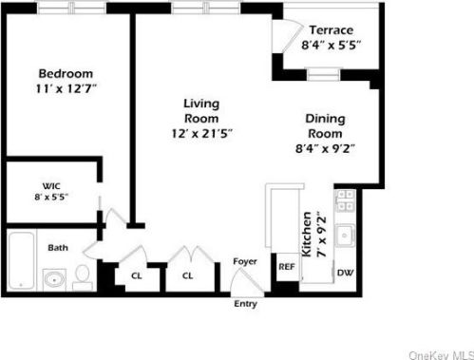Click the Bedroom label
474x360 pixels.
[66, 73]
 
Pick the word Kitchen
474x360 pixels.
[307, 235]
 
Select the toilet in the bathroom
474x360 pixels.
[82, 276]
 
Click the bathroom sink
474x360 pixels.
[55, 279]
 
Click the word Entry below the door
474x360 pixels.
[244, 305]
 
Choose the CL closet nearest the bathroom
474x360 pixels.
[135, 275]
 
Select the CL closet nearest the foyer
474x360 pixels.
[188, 275]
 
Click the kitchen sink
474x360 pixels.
[347, 237]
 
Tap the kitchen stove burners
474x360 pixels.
[347, 201]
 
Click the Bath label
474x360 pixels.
[58, 248]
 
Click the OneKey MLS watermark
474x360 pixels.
[440, 352]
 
